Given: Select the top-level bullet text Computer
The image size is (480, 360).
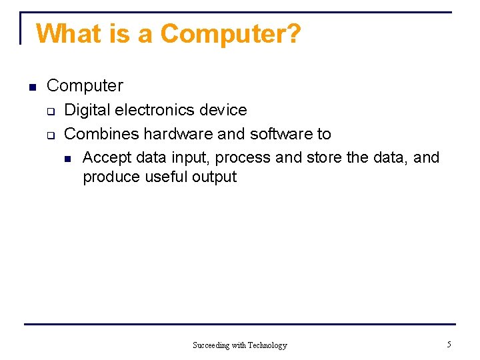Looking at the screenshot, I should [85, 86].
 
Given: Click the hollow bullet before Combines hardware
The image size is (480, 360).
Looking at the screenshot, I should [49, 135].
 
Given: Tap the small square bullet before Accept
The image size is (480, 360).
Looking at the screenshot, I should [67, 159].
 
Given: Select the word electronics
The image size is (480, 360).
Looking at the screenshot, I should [155, 110].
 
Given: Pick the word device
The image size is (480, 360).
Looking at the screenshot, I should [226, 110].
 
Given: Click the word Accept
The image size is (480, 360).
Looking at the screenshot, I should [107, 158].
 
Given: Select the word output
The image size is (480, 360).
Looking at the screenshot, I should [214, 177].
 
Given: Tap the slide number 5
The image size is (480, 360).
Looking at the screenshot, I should [449, 345].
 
